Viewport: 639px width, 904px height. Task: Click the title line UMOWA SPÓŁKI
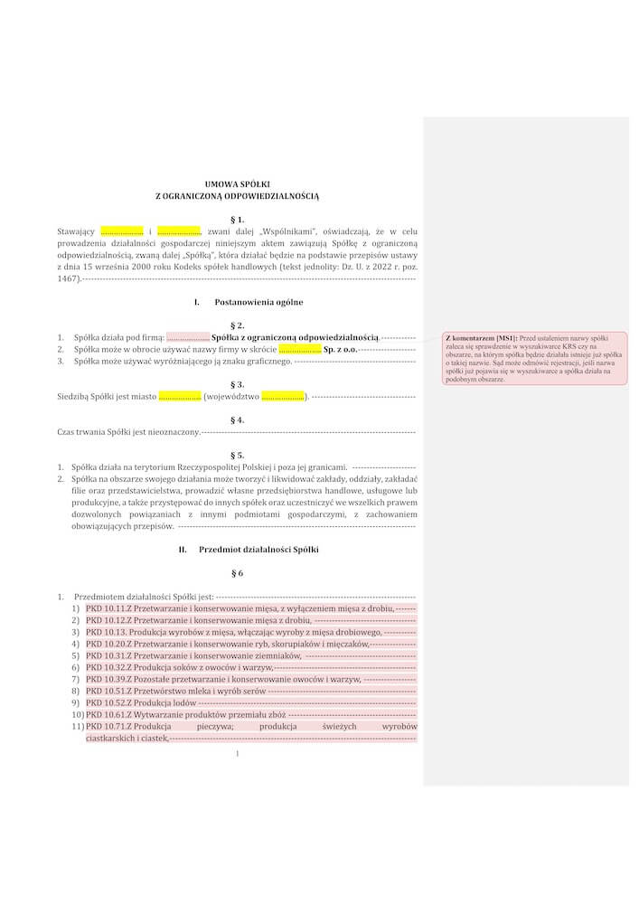point(237,184)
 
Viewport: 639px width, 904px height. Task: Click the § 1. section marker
point(238,219)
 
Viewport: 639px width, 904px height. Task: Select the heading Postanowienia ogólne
point(258,301)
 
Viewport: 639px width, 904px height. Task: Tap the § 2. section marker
point(238,325)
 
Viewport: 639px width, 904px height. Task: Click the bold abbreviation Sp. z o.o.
point(340,349)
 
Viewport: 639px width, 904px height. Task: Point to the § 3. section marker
point(238,383)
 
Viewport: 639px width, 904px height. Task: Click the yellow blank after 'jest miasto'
point(179,396)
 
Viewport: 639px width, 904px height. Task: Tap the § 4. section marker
point(238,419)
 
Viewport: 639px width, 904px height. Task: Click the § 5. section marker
point(238,455)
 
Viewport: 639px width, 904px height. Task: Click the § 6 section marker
point(238,573)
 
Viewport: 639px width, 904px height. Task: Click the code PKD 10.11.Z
point(108,609)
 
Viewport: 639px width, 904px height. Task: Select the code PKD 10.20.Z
point(108,645)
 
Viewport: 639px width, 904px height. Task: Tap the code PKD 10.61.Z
point(108,714)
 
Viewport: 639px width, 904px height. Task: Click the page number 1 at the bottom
point(236,754)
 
